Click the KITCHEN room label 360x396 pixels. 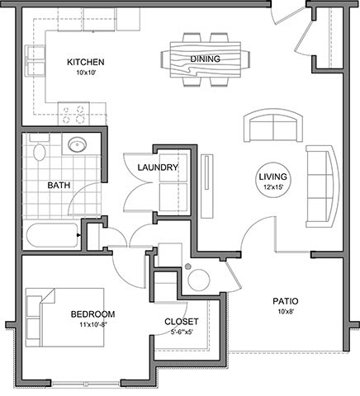point(86,62)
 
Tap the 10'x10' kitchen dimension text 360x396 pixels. point(86,73)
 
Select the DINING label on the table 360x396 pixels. point(206,59)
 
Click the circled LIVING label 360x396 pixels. point(272,177)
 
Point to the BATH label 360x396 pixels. point(59,185)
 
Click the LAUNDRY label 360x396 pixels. point(158,167)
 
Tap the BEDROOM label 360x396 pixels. point(93,314)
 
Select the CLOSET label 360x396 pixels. point(182,322)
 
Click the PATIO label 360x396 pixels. point(286,301)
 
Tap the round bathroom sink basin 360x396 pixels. point(78,144)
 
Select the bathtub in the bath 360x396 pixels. point(52,235)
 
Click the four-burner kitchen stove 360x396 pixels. point(73,113)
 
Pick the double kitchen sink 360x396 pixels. point(35,60)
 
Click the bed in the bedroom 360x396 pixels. point(65,318)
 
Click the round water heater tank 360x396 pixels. point(199,280)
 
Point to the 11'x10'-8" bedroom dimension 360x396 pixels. point(93,325)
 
